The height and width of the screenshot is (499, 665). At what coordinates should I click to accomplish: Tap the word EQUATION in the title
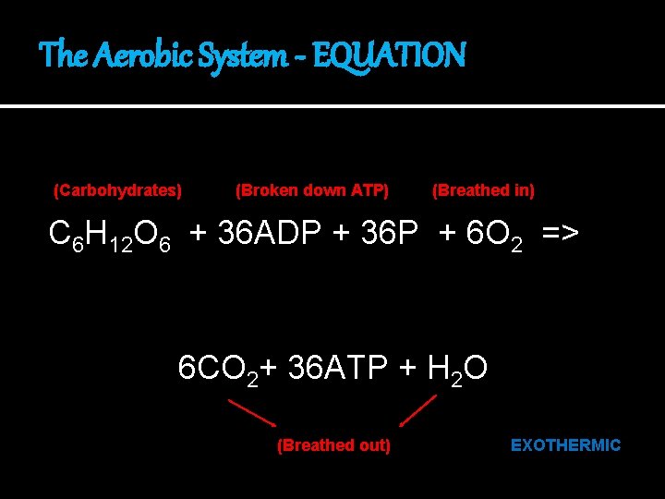tap(389, 55)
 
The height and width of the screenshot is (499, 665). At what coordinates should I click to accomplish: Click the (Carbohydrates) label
tap(117, 190)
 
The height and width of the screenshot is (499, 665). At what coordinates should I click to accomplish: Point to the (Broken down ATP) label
tap(312, 190)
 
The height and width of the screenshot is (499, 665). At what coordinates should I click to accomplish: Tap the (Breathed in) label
tap(483, 190)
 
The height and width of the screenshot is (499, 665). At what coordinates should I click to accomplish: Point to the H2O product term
tap(458, 369)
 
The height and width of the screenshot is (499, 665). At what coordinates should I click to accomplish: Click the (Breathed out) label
tap(333, 445)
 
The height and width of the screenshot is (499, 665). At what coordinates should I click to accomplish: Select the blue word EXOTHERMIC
tap(565, 445)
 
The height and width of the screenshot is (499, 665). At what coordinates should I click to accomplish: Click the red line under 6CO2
tap(251, 411)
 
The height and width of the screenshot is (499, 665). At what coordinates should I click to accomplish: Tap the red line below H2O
tap(418, 409)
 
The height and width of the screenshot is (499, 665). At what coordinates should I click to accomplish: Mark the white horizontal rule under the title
tap(332, 107)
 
